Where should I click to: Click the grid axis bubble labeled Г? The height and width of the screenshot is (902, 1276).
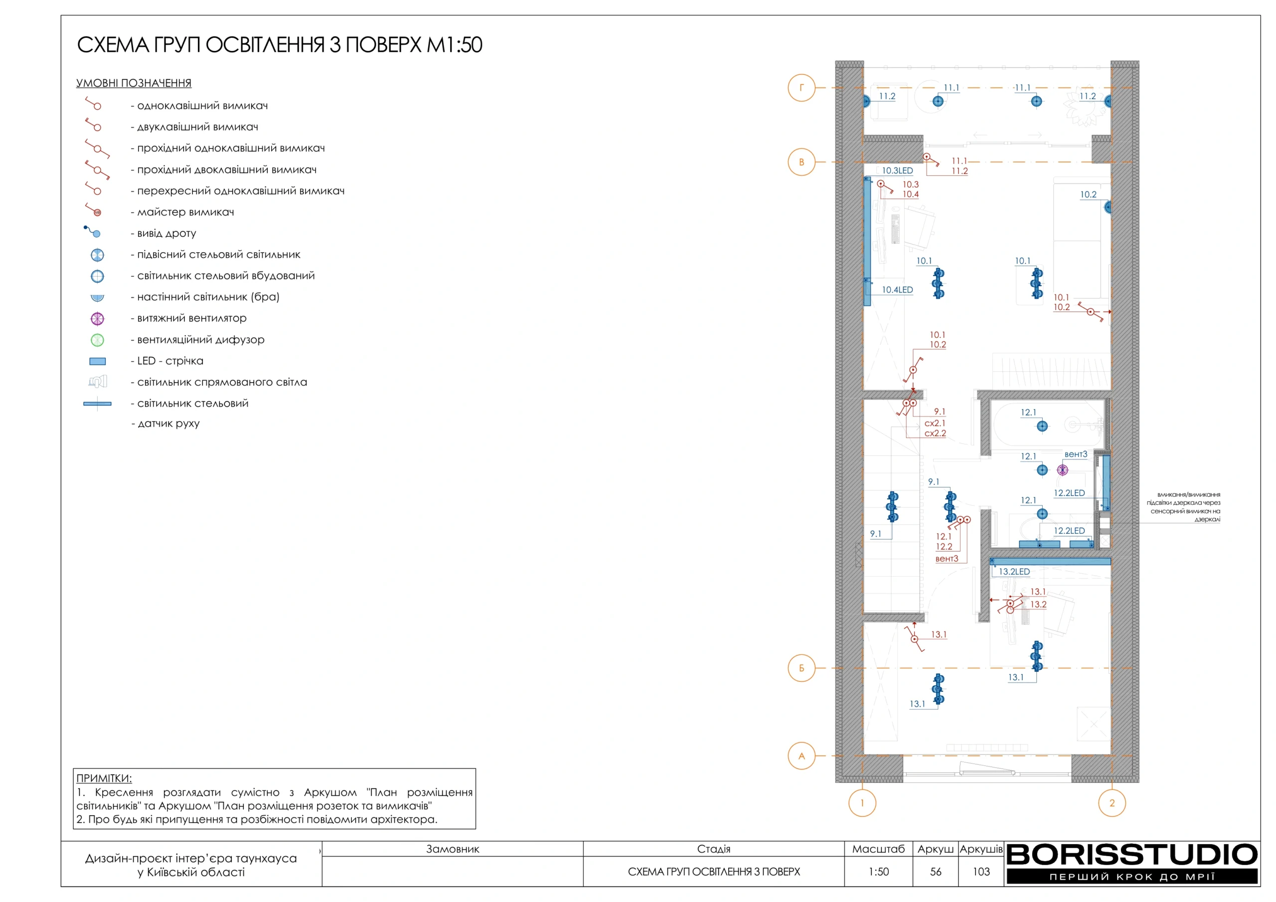pyautogui.click(x=801, y=87)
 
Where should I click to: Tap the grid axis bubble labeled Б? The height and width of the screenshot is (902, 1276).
pyautogui.click(x=801, y=668)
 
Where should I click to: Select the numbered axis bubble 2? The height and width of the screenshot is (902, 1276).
pyautogui.click(x=1112, y=802)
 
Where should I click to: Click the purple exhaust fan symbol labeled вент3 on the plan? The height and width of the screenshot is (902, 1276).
pyautogui.click(x=1063, y=469)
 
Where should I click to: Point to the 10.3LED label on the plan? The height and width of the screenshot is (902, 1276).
pyautogui.click(x=897, y=170)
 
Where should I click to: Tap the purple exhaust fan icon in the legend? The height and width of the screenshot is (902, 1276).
pyautogui.click(x=97, y=318)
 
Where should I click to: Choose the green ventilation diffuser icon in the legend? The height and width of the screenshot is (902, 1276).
pyautogui.click(x=97, y=339)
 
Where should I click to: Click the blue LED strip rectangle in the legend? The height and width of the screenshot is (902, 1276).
pyautogui.click(x=97, y=361)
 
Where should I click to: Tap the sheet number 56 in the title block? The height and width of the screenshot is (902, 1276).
pyautogui.click(x=936, y=872)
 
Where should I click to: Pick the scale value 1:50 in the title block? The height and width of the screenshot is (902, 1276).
pyautogui.click(x=879, y=872)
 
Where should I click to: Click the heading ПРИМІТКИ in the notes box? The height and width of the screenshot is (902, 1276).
pyautogui.click(x=104, y=778)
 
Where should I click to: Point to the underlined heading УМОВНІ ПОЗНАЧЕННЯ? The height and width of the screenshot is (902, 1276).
pyautogui.click(x=134, y=83)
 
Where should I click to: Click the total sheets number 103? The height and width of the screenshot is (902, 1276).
pyautogui.click(x=981, y=872)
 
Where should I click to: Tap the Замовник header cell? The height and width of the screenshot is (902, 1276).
pyautogui.click(x=453, y=849)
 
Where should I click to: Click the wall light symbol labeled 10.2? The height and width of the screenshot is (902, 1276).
pyautogui.click(x=1108, y=207)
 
